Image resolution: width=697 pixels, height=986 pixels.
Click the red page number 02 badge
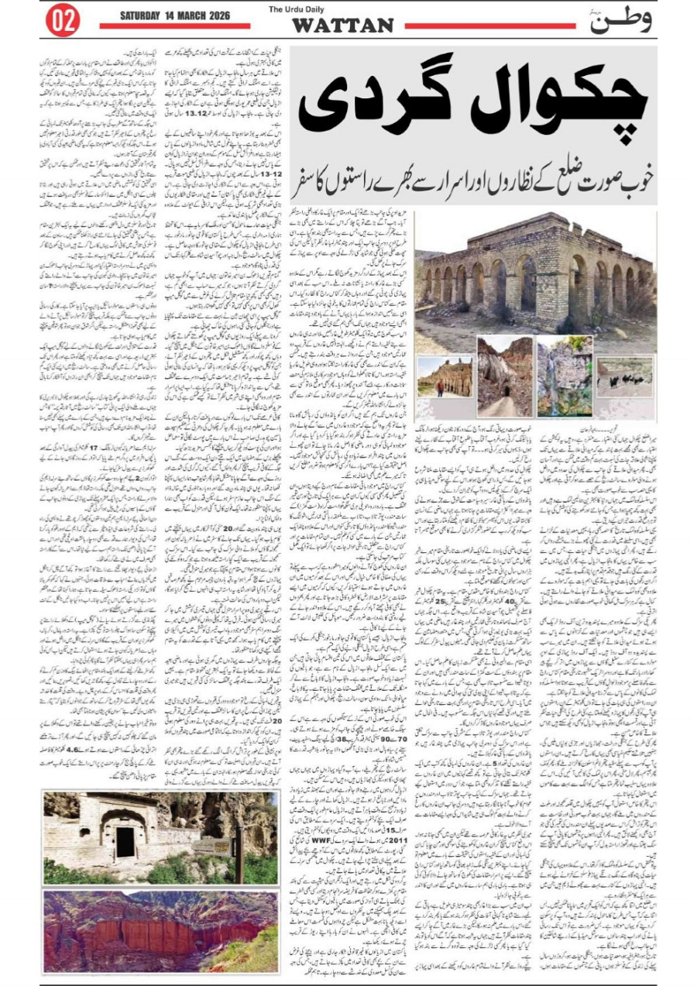[x=63, y=21]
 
